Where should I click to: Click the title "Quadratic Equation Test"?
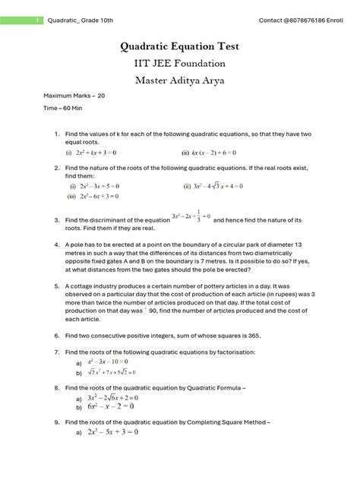(180, 46)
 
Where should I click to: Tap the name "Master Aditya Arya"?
(180, 81)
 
